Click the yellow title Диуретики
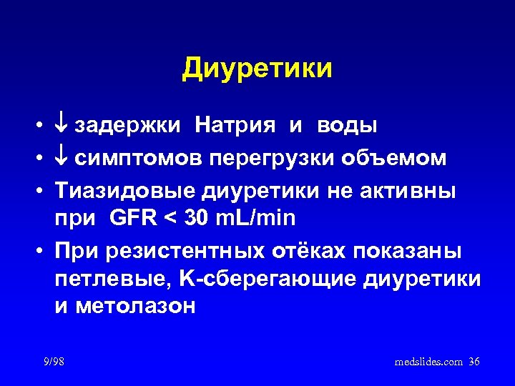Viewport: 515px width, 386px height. click(257, 69)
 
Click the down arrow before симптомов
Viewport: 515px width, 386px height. click(61, 158)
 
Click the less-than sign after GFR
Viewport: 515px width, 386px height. click(170, 219)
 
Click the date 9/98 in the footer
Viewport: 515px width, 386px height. click(54, 362)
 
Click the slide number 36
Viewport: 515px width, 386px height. click(474, 362)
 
